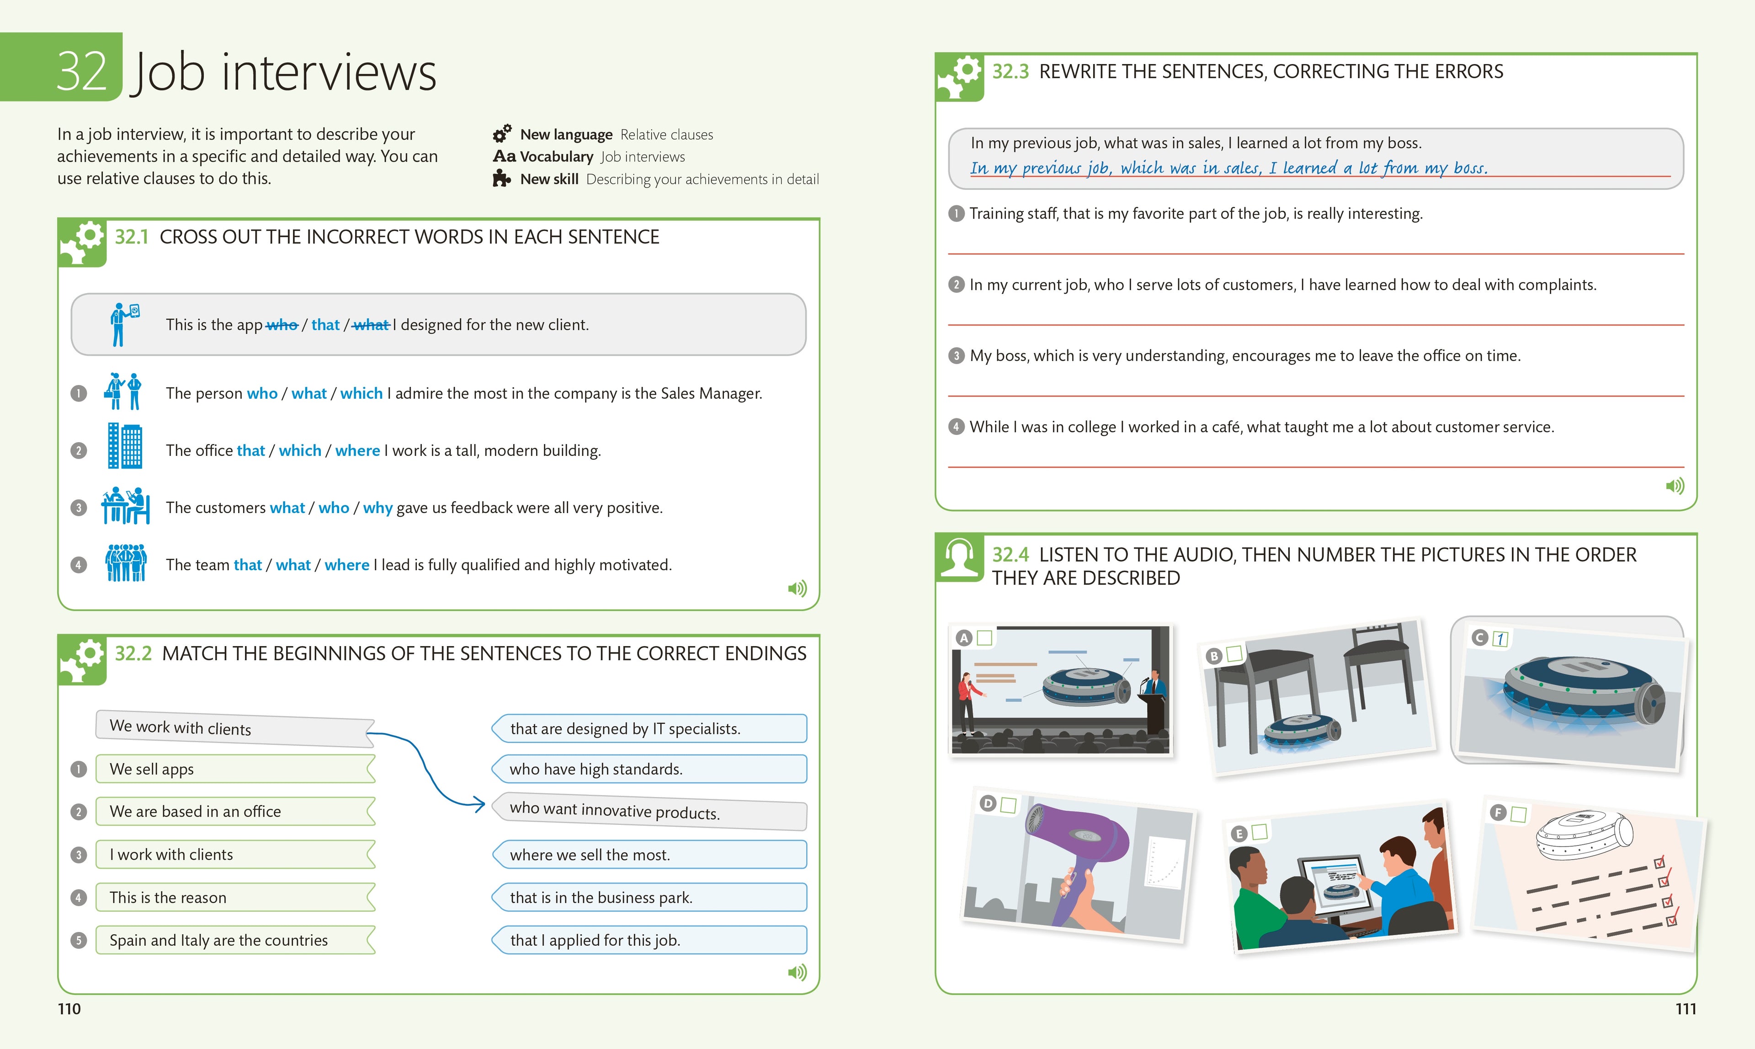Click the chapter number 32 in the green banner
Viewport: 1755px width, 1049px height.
[81, 71]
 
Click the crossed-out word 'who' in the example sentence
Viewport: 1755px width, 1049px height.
[282, 325]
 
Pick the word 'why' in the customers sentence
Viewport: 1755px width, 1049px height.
[378, 508]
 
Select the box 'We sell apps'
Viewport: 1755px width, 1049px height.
[233, 769]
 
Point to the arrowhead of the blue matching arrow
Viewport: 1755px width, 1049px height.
[480, 804]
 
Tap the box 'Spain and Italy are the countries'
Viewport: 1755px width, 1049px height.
[233, 940]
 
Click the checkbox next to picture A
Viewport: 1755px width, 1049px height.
[984, 637]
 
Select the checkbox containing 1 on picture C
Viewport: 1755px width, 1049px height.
[1500, 639]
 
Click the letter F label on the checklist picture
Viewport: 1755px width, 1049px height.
[1496, 812]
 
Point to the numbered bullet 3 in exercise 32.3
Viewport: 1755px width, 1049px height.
[956, 356]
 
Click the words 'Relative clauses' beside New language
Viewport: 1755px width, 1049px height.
[666, 134]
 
